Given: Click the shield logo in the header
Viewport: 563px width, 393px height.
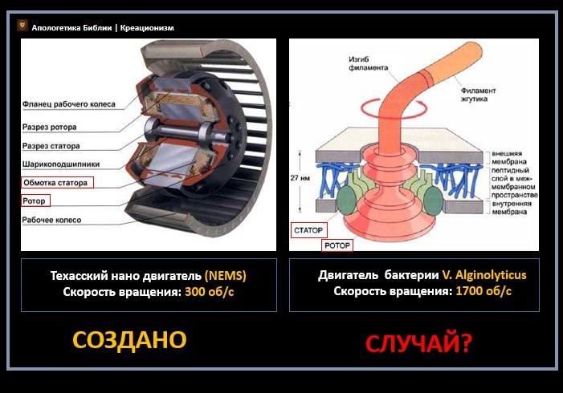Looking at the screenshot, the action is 22,26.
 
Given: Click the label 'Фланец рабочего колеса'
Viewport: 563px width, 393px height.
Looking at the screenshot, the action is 69,104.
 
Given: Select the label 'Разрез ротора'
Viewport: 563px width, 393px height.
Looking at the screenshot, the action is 50,127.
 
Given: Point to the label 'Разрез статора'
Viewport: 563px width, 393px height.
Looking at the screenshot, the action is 51,146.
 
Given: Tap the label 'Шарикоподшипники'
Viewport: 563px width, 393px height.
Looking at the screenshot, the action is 61,164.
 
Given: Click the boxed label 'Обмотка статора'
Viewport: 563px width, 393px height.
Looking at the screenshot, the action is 58,183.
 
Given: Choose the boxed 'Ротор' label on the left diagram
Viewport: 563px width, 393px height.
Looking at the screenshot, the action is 35,201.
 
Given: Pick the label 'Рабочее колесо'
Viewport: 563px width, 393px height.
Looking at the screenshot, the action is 51,220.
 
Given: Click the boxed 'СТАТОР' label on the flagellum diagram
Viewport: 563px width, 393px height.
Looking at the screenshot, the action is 308,230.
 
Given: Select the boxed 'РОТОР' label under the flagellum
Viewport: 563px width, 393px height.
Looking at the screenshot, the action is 337,245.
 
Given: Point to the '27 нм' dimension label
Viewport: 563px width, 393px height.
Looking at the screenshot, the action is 300,178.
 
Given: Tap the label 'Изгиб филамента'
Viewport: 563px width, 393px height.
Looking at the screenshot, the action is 368,63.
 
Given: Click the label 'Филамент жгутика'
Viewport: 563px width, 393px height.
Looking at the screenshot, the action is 478,95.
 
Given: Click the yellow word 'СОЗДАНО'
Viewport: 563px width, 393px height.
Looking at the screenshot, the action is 129,340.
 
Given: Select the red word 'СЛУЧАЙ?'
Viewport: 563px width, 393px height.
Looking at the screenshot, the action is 418,343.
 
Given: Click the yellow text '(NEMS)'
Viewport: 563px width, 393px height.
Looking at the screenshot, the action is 226,276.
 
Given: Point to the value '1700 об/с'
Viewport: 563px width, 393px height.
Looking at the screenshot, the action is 483,291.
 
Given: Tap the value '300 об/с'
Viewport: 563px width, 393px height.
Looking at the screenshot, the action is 210,292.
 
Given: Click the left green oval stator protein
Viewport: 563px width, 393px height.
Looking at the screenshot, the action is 346,201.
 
